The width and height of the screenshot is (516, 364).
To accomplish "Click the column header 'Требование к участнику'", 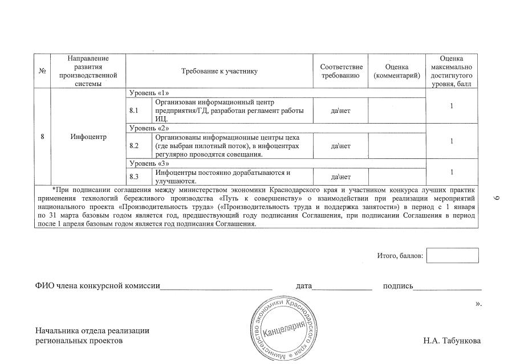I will click(219, 71).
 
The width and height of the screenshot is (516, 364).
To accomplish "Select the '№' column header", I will click(42, 71).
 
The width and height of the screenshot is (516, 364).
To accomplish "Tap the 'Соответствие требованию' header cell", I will click(341, 71).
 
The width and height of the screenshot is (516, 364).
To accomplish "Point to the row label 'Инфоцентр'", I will click(88, 137).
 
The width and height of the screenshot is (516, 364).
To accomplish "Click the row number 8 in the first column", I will click(42, 137).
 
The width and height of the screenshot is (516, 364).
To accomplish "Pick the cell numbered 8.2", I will click(135, 146).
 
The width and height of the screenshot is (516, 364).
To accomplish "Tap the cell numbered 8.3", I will click(135, 176).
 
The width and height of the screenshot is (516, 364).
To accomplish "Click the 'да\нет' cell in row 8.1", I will click(340, 110).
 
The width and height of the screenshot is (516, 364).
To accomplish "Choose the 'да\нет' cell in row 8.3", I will click(340, 176).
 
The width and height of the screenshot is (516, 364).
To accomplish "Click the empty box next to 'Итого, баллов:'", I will click(452, 255).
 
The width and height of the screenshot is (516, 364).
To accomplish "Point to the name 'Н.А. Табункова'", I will click(452, 341).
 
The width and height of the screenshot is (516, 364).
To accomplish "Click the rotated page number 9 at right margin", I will click(495, 197).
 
